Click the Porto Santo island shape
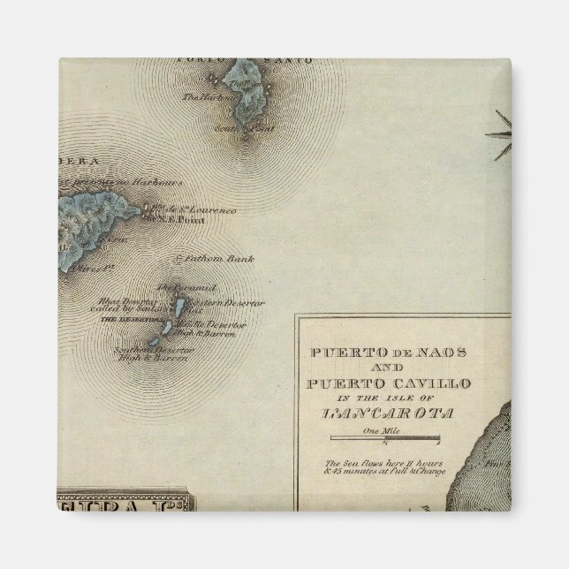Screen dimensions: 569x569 [x=246, y=88]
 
